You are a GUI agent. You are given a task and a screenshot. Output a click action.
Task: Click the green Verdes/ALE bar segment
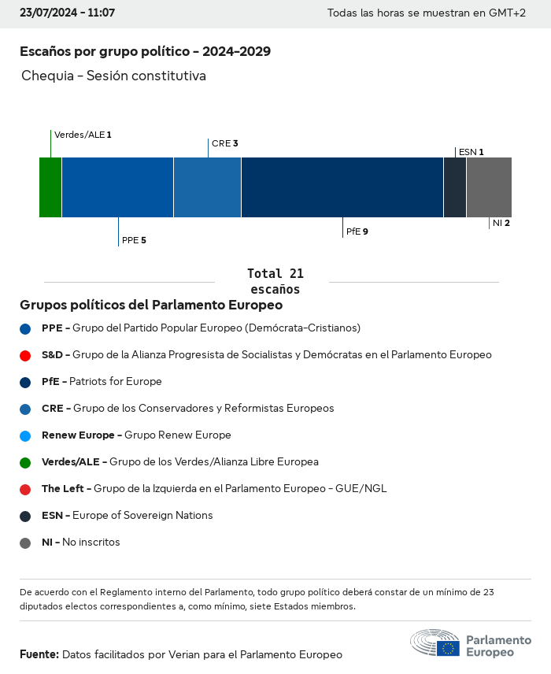[50, 187]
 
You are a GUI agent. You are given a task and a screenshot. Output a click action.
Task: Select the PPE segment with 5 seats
[117, 187]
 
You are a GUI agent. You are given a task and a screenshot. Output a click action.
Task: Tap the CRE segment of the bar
[207, 187]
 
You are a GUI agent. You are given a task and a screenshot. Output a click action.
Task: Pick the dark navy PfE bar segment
[342, 187]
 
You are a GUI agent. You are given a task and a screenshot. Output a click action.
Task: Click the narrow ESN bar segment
[455, 187]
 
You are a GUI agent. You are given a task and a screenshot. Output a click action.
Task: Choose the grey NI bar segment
[489, 187]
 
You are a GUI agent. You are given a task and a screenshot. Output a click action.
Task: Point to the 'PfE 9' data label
[357, 232]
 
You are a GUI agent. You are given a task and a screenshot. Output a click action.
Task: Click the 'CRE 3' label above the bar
[224, 143]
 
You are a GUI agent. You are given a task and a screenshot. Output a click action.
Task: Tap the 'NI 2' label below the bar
[501, 224]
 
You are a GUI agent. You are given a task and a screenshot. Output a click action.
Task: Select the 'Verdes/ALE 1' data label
[83, 135]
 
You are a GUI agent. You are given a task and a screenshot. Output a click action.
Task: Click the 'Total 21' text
[275, 274]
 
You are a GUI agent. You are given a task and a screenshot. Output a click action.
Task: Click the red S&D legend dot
[25, 355]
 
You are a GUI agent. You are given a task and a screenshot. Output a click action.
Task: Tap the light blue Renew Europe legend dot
[25, 435]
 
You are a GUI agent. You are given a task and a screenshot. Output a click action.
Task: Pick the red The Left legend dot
[25, 489]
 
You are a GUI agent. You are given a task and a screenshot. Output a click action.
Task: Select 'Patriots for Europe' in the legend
[115, 382]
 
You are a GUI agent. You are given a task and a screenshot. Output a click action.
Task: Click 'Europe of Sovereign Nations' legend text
[142, 516]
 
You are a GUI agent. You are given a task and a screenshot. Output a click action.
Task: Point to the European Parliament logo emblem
[435, 643]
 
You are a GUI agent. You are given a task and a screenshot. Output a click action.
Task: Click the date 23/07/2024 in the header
[45, 13]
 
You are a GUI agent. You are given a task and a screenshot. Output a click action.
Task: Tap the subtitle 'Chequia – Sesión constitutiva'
[113, 76]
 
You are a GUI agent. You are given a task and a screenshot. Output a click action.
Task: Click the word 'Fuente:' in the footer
[39, 654]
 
